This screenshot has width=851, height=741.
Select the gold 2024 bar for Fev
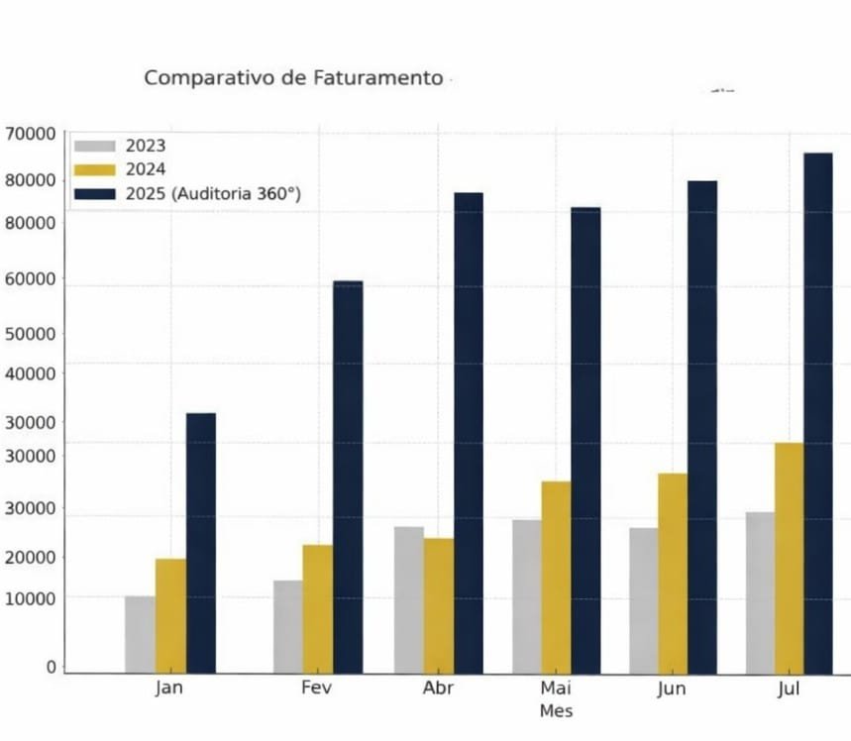(x=318, y=608)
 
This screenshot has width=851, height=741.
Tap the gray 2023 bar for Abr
(x=408, y=599)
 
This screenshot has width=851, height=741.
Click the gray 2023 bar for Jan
(x=140, y=634)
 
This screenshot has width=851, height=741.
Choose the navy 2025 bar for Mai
(x=585, y=440)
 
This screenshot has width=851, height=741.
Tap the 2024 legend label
(x=146, y=169)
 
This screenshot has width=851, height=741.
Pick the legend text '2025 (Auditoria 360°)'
(x=213, y=194)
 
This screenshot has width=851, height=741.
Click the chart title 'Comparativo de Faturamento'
(x=293, y=77)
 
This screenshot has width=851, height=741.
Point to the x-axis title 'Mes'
(x=556, y=711)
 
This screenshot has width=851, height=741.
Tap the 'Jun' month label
(x=672, y=688)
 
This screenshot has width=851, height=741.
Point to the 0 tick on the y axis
(x=51, y=668)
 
